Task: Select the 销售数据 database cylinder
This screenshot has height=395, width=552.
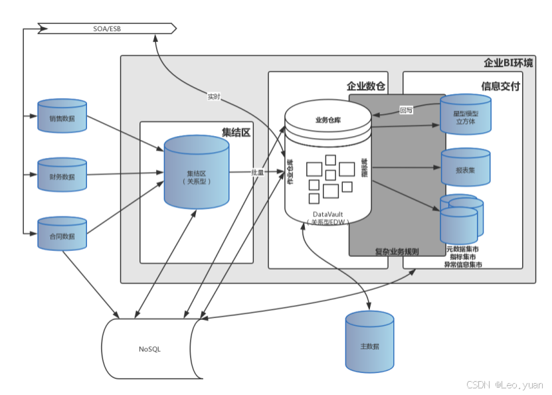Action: tap(62, 118)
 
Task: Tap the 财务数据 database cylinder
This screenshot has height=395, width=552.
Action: tap(62, 176)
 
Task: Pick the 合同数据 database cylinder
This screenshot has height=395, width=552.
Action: tap(62, 234)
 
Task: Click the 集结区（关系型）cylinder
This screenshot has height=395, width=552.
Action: tap(197, 173)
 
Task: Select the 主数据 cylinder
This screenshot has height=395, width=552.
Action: tap(369, 344)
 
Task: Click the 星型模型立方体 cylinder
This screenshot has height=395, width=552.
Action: tap(466, 116)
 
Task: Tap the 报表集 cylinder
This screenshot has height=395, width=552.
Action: tap(466, 169)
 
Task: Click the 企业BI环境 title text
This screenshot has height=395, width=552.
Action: tap(507, 64)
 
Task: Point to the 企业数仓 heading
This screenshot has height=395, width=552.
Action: tap(366, 86)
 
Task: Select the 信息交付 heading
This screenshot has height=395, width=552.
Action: tap(500, 86)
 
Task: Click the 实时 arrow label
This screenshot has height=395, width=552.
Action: tap(214, 98)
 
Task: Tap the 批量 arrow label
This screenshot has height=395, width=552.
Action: tap(257, 172)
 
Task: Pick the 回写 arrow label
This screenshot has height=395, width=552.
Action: tap(406, 110)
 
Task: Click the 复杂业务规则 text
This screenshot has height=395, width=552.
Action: tap(397, 252)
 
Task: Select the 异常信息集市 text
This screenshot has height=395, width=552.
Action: tap(463, 265)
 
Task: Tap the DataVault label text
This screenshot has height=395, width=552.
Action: tap(327, 214)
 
